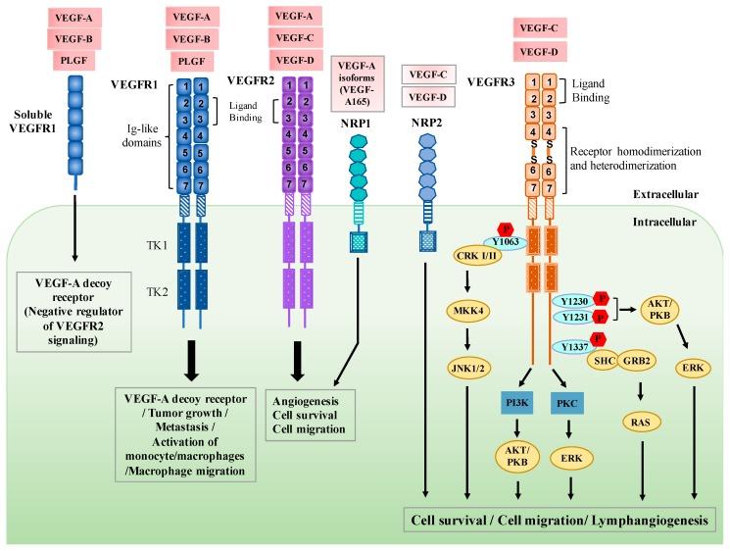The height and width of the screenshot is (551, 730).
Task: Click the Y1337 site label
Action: click(x=574, y=347)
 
